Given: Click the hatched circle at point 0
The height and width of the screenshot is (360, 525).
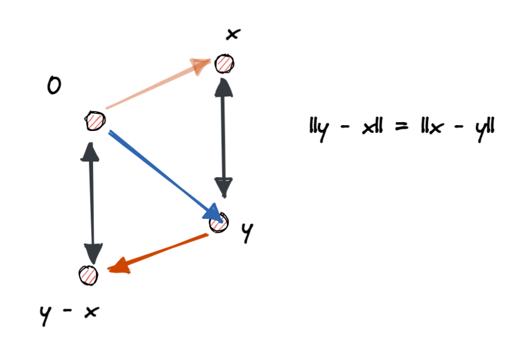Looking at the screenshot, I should point(94,120).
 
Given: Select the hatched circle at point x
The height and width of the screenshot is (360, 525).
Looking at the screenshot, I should point(224,63).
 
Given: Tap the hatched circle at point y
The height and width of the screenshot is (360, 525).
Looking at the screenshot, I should point(219,223).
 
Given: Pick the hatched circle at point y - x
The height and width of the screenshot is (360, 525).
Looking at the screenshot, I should point(88,275).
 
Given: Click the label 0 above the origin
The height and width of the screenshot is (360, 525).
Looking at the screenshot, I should point(54,87).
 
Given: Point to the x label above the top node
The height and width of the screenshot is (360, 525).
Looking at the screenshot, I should point(233,34).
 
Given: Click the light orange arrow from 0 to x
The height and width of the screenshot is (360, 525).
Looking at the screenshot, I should point(153,86).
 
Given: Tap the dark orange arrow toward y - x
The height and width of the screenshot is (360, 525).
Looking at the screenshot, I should point(159,252).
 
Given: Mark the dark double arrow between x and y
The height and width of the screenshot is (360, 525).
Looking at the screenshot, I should point(223,139).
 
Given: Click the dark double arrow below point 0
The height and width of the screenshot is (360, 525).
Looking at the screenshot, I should point(91,204).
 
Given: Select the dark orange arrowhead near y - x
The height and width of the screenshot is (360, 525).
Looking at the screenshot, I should point(118,267).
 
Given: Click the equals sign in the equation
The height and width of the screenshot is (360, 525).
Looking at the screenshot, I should point(401,127).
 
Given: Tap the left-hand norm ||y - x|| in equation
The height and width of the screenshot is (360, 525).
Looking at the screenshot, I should point(346,128).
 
